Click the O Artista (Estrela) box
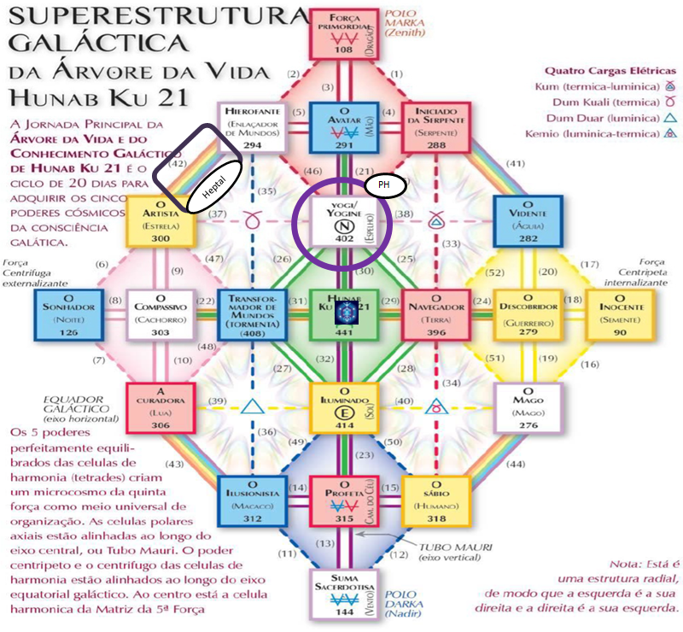pos(160,222)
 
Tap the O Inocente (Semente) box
pos(621,314)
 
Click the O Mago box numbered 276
pos(528,407)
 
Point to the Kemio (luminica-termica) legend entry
pos(606,135)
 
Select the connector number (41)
pos(516,163)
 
